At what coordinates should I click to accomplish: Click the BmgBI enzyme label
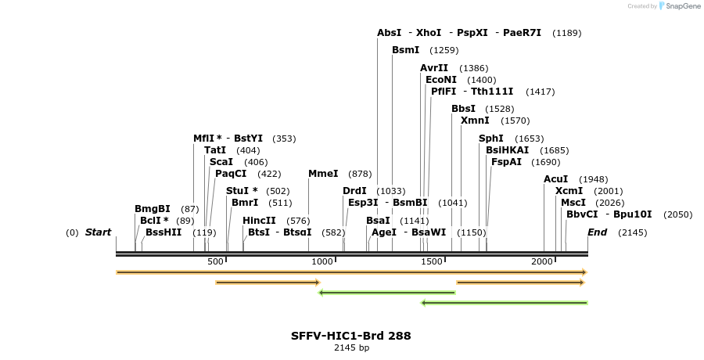coord(152,209)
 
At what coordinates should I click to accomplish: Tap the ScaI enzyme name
coord(221,162)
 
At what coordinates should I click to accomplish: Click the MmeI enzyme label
coord(323,174)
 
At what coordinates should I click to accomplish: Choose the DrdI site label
coord(354,191)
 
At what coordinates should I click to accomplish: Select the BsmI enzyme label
coord(405,50)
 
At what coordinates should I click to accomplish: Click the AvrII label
coord(434,68)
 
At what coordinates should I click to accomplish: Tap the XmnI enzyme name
coord(475,121)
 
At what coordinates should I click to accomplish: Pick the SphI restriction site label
coord(491,139)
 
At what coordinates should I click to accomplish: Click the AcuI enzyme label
coord(556,179)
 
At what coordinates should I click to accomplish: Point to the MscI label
coord(573,203)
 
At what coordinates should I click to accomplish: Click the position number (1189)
coord(566,33)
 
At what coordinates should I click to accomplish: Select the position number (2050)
coord(677,214)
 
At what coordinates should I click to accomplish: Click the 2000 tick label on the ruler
coord(542,261)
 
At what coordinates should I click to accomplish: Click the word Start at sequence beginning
coord(98,232)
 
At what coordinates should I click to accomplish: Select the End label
coord(597,232)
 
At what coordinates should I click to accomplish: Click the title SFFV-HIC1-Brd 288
coord(350,336)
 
